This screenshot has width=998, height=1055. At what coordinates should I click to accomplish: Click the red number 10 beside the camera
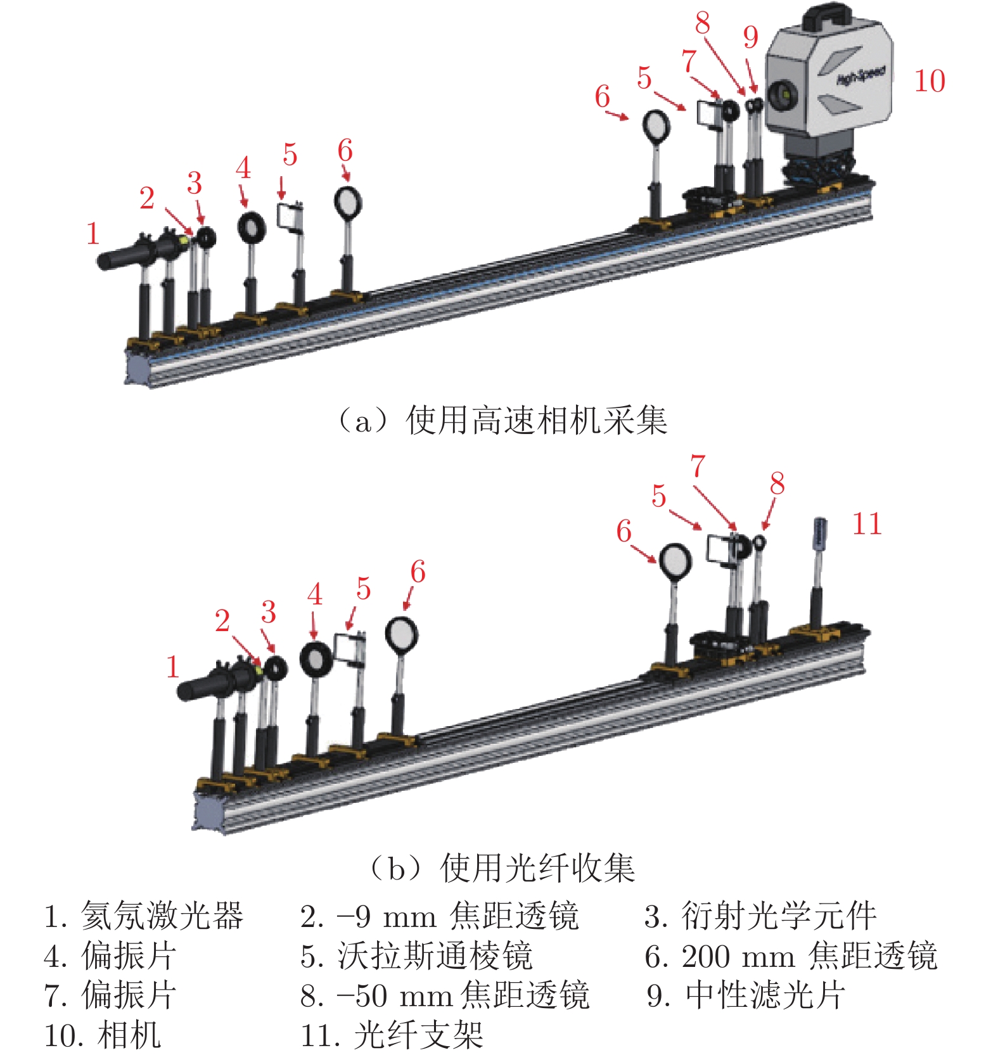[930, 81]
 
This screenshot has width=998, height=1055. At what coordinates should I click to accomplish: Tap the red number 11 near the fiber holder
[867, 524]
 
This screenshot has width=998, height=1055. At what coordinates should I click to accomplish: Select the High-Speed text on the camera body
[860, 75]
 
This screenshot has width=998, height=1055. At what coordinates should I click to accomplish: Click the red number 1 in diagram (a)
[93, 233]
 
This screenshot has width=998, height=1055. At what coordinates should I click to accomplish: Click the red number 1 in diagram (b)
[172, 667]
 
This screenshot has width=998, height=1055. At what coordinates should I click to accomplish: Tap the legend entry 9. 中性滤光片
[746, 995]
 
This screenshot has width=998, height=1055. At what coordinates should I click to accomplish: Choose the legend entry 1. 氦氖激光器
[143, 916]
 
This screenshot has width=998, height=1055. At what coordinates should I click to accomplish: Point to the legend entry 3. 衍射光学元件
[760, 916]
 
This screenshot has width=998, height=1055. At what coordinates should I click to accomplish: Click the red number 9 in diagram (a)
[750, 37]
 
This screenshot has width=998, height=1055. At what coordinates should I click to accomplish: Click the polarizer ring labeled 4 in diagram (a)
[252, 226]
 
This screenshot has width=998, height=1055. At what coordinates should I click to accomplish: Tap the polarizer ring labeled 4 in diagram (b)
[316, 659]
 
